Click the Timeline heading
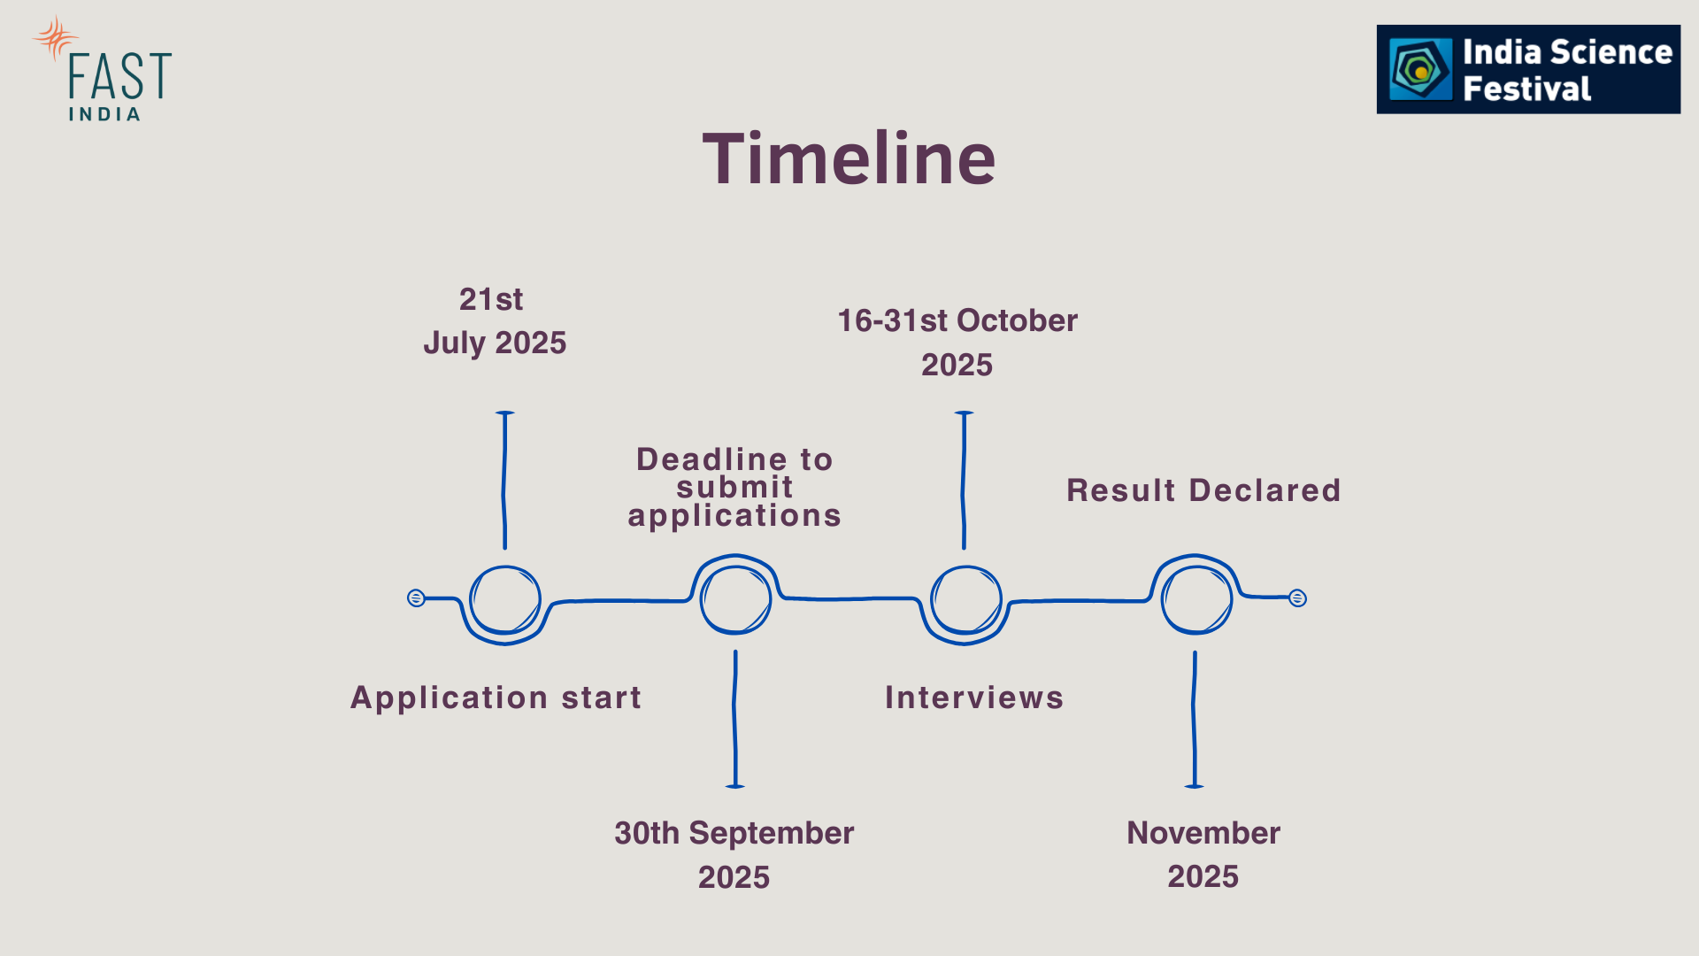coord(849,158)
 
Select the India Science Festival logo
coord(1528,69)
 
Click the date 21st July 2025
coord(495,320)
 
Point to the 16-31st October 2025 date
coord(957,343)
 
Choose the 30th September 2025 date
coord(734,855)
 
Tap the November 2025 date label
coord(1203,854)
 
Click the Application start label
coord(496,698)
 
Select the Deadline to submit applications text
coord(734,488)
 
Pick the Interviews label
coord(974,698)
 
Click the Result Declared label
coord(1203,490)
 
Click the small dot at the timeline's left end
coord(416,598)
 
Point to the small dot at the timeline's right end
coord(1297,598)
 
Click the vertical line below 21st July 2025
coord(504,480)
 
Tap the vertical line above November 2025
coord(1195,720)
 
